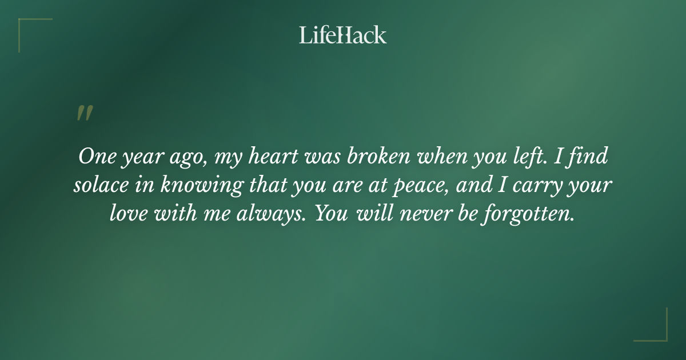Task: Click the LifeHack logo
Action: click(342, 35)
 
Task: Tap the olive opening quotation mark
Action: click(85, 113)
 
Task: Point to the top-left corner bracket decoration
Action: click(29, 29)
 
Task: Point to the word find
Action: click(592, 157)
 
